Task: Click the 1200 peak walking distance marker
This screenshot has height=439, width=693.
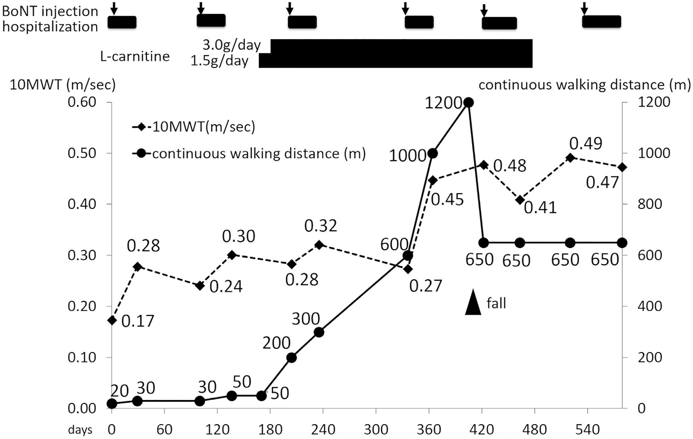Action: coord(469,103)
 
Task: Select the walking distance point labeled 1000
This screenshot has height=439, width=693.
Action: coord(433,154)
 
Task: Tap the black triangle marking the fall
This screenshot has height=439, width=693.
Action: coord(473,302)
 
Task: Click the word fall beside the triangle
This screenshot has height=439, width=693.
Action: coord(496,303)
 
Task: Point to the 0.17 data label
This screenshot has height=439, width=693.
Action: coord(137,321)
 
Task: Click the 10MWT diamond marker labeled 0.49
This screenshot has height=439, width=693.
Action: coord(570,158)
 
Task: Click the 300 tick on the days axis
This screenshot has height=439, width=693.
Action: coord(376,429)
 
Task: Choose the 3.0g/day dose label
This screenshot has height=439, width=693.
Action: coord(231,45)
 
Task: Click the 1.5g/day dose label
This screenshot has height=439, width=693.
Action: coord(219,61)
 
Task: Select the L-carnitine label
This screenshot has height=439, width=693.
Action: coord(135,56)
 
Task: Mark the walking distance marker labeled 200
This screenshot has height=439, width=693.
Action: coord(291,358)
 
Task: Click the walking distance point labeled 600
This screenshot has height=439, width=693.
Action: coord(407,255)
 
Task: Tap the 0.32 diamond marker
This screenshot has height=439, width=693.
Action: coord(319,245)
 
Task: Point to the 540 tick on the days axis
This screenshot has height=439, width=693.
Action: coord(587,429)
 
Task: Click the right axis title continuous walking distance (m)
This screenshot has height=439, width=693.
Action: coord(584,85)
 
